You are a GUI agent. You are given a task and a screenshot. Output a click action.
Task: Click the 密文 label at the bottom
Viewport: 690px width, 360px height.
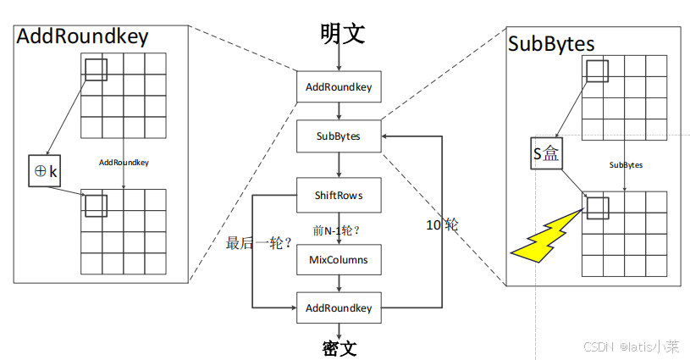pyautogui.click(x=339, y=348)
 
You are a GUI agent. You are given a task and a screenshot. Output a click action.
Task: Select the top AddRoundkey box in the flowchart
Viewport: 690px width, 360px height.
pyautogui.click(x=339, y=86)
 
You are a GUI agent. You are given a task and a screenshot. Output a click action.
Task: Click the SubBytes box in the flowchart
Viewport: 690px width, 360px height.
pyautogui.click(x=339, y=136)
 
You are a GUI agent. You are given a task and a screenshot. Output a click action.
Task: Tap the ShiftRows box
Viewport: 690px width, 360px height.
pyautogui.click(x=339, y=196)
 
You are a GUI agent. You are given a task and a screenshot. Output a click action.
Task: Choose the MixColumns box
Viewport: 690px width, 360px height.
pyautogui.click(x=339, y=259)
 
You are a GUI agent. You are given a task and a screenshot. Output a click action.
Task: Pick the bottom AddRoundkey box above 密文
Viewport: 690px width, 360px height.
pyautogui.click(x=339, y=307)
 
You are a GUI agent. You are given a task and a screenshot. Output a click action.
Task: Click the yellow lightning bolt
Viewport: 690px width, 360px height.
pyautogui.click(x=546, y=237)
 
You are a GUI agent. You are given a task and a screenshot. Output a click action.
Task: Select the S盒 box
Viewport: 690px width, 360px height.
pyautogui.click(x=546, y=154)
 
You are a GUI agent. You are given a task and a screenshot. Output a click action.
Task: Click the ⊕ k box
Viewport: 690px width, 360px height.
pyautogui.click(x=44, y=171)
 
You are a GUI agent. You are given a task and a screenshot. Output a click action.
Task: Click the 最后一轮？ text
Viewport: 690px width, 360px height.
pyautogui.click(x=258, y=242)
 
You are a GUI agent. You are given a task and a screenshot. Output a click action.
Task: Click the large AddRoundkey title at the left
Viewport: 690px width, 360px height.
pyautogui.click(x=82, y=36)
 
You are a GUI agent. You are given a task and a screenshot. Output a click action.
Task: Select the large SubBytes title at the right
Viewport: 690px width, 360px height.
pyautogui.click(x=551, y=43)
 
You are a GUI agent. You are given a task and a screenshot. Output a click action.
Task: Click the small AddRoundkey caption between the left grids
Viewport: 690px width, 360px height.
pyautogui.click(x=124, y=162)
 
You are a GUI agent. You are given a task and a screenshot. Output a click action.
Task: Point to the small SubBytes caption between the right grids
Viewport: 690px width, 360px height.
pyautogui.click(x=626, y=165)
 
